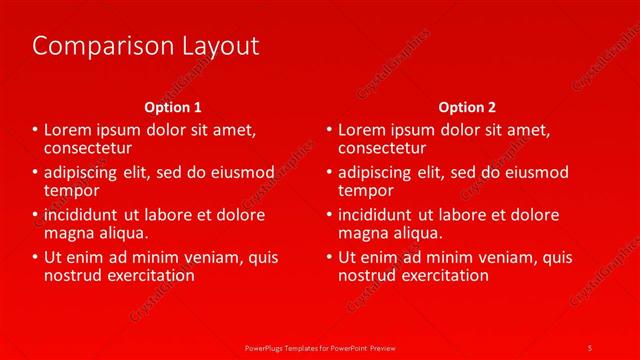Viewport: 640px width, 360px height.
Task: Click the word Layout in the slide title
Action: click(214, 46)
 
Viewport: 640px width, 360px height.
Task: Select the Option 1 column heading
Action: click(173, 107)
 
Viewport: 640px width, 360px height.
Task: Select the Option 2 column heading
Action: click(467, 107)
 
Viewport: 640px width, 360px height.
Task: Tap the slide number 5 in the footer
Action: click(590, 347)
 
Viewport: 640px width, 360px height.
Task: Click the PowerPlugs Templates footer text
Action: click(319, 347)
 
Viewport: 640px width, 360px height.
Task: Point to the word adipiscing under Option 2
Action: click(376, 173)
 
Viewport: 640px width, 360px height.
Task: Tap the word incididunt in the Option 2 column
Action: click(376, 215)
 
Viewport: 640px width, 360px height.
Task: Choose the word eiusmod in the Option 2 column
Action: click(535, 173)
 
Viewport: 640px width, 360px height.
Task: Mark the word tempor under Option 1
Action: click(72, 189)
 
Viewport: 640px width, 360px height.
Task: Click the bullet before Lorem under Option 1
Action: click(36, 130)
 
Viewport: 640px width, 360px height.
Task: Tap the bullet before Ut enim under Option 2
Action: click(330, 258)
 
